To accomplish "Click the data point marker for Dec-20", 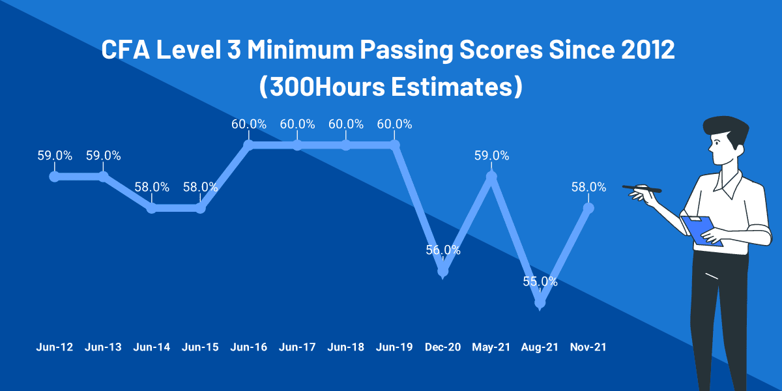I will pyautogui.click(x=443, y=270).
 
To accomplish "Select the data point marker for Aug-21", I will pyautogui.click(x=540, y=302).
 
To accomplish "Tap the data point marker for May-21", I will pyautogui.click(x=491, y=176).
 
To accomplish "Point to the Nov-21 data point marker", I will pyautogui.click(x=588, y=208).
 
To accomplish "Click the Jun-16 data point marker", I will pyautogui.click(x=248, y=145).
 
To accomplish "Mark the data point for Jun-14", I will pyautogui.click(x=152, y=208).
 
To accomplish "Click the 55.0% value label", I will pyautogui.click(x=540, y=282).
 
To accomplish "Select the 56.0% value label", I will pyautogui.click(x=443, y=250).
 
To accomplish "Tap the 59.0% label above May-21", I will pyautogui.click(x=491, y=156).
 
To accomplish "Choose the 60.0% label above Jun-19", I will pyautogui.click(x=394, y=124).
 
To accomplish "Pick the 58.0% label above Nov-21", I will pyautogui.click(x=588, y=188).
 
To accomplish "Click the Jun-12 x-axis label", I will pyautogui.click(x=55, y=347).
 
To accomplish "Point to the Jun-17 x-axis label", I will pyautogui.click(x=297, y=347).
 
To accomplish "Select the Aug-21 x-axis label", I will pyautogui.click(x=540, y=347).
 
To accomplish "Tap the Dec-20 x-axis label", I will pyautogui.click(x=443, y=347).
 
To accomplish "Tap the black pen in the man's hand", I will pyautogui.click(x=641, y=188).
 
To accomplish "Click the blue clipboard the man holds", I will pyautogui.click(x=701, y=231).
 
